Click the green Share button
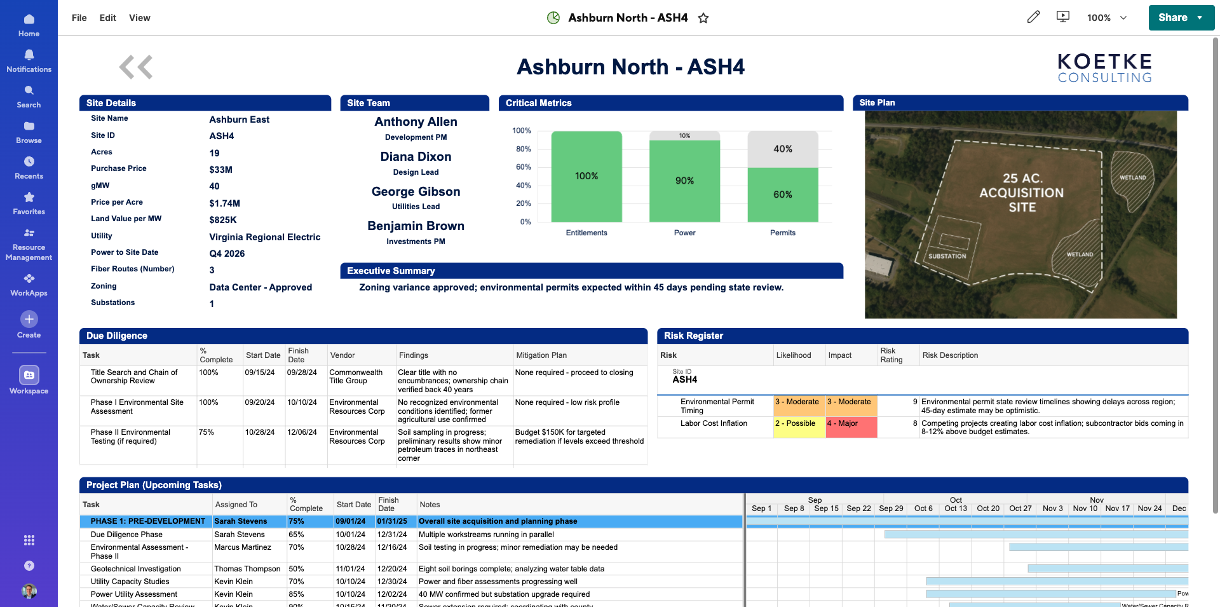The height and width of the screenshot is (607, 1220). point(1172,18)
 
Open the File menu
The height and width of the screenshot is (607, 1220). point(79,18)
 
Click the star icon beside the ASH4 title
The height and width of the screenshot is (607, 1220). point(703,18)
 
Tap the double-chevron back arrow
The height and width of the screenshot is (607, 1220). point(136,67)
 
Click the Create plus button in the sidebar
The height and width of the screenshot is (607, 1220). point(29,319)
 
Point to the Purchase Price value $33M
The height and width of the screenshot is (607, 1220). point(221,170)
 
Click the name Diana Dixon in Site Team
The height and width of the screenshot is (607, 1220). point(416,157)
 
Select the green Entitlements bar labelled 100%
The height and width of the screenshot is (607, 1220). point(586,176)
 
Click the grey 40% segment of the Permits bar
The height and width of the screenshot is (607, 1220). point(783,149)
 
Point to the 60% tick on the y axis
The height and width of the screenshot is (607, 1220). point(523,167)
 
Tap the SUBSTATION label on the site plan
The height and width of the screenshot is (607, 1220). point(947,256)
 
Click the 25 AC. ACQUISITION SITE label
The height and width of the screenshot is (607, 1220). point(1021,193)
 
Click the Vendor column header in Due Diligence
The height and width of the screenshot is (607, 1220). point(342,355)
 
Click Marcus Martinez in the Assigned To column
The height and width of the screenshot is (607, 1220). point(243,547)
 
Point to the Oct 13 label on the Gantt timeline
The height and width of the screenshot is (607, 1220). point(956,508)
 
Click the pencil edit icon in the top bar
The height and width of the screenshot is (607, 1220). point(1034,17)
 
